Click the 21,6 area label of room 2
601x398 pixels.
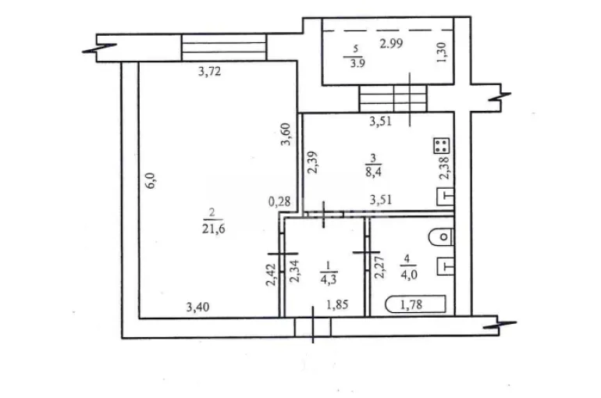pyautogui.click(x=214, y=229)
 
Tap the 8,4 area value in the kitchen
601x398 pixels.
pyautogui.click(x=373, y=171)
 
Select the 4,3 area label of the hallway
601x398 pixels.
pyautogui.click(x=328, y=279)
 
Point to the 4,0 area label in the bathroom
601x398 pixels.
pyautogui.click(x=408, y=274)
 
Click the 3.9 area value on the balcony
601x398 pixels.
pyautogui.click(x=357, y=63)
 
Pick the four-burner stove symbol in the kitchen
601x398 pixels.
pyautogui.click(x=441, y=146)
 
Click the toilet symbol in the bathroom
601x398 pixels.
pyautogui.click(x=441, y=237)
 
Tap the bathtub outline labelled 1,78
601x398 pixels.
pyautogui.click(x=416, y=304)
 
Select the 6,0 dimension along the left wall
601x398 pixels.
pyautogui.click(x=150, y=180)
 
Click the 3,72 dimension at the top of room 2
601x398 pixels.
pyautogui.click(x=210, y=71)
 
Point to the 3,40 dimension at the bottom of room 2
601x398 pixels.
pyautogui.click(x=197, y=307)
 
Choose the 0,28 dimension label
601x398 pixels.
pyautogui.click(x=279, y=201)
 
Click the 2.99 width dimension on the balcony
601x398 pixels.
pyautogui.click(x=391, y=44)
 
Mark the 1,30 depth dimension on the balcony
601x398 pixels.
pyautogui.click(x=441, y=52)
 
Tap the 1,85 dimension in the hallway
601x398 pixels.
pyautogui.click(x=338, y=304)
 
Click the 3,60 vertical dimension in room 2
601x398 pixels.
pyautogui.click(x=286, y=134)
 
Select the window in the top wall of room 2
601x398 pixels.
pyautogui.click(x=224, y=48)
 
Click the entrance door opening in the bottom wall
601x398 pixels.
pyautogui.click(x=313, y=328)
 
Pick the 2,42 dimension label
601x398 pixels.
pyautogui.click(x=271, y=275)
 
